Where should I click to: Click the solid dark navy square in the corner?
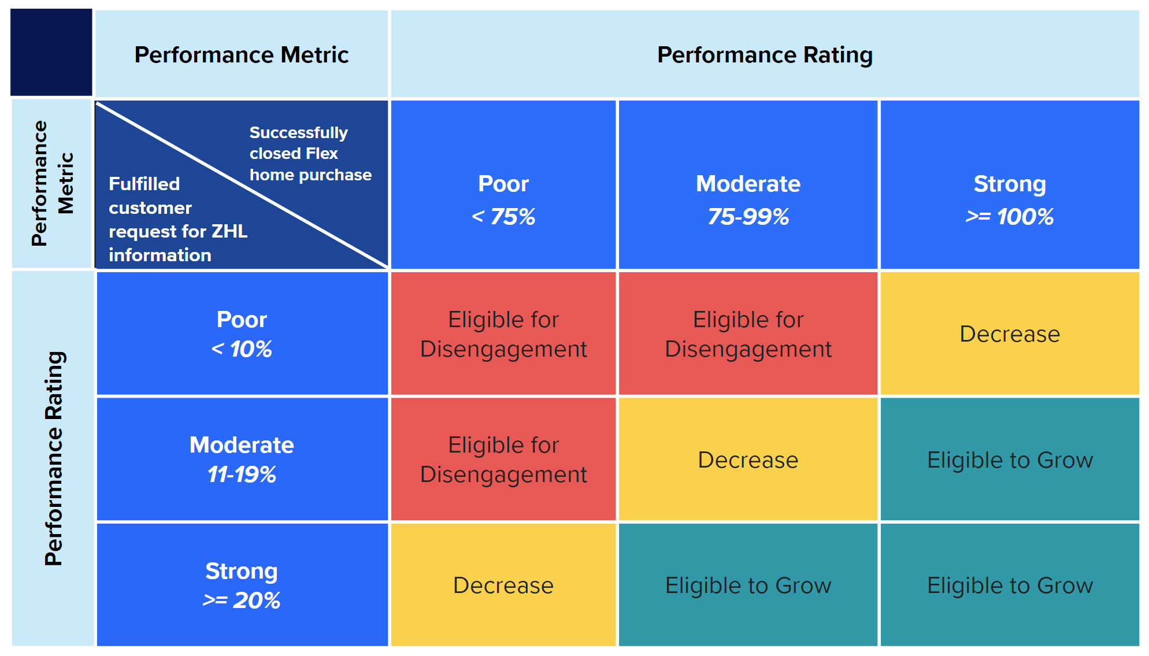point(51,52)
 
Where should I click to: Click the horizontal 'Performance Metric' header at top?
point(241,55)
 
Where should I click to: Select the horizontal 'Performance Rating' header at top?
point(764,55)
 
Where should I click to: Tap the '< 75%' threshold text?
point(503,217)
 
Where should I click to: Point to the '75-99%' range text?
point(748,217)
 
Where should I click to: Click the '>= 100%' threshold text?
point(1009,217)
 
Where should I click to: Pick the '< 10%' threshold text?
point(242,349)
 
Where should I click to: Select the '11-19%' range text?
point(242,475)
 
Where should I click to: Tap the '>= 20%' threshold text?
point(242,601)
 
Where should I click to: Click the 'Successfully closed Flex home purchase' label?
point(310,154)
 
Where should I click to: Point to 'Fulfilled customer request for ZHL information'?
point(177,220)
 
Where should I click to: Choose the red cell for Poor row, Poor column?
point(503,334)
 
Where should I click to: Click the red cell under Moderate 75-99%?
point(748,334)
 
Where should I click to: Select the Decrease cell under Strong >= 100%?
point(1009,334)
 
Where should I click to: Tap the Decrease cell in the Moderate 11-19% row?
point(748,460)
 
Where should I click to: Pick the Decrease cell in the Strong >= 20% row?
point(503,585)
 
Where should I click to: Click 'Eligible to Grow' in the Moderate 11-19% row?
point(1009,460)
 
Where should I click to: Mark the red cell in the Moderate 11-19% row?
point(503,460)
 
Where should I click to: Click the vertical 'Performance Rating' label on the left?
point(53,458)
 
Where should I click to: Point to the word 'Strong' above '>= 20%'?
point(242,571)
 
